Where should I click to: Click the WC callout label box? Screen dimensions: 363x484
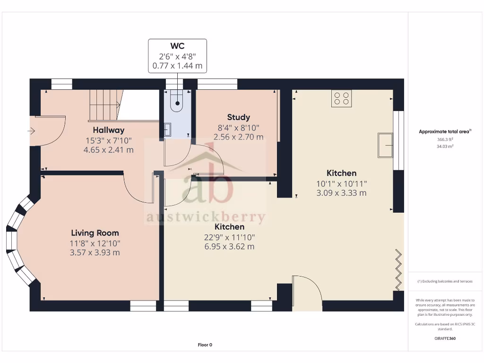coord(177,56)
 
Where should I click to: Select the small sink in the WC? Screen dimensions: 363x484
coord(168,129)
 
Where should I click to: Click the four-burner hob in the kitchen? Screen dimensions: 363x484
coord(341,98)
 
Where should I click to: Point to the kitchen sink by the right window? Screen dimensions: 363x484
coord(385,144)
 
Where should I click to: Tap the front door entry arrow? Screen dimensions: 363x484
coord(32,131)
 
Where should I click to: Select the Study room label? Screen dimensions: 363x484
coord(238,117)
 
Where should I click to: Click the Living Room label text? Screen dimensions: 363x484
coord(95,233)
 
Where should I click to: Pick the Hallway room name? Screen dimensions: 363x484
coord(108,130)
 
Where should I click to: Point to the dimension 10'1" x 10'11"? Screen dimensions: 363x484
coord(341,183)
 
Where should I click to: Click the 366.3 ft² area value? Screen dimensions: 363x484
coord(445,140)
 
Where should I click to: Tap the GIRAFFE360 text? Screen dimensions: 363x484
coord(445,338)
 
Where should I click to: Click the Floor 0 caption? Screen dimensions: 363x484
coord(205,345)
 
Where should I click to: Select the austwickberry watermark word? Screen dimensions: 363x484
coord(205,217)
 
